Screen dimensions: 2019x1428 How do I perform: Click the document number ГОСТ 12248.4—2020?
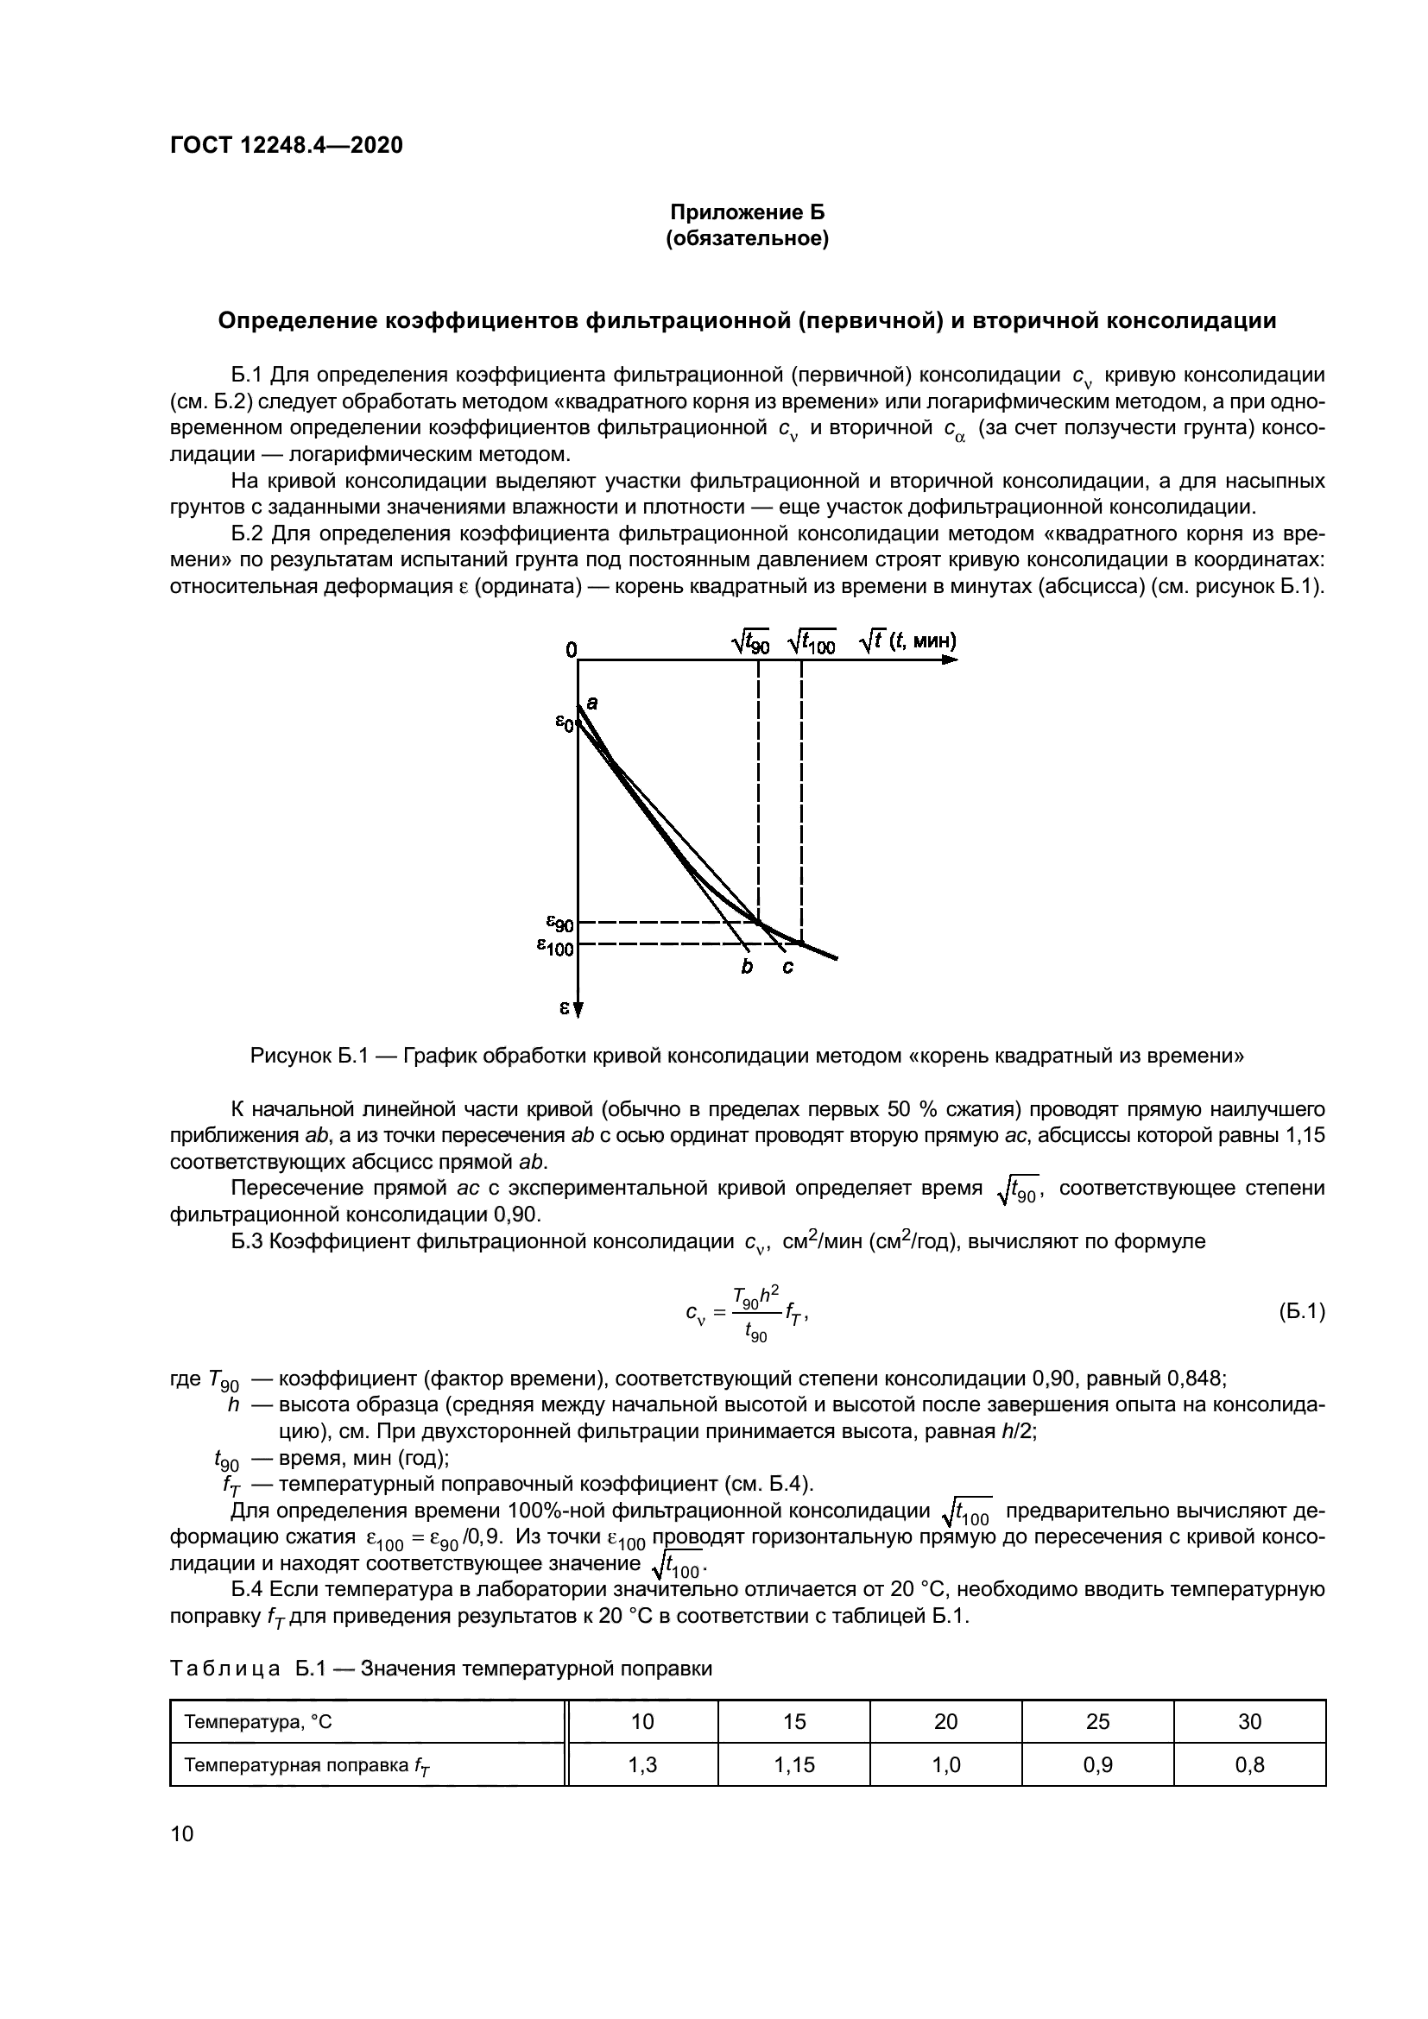[286, 145]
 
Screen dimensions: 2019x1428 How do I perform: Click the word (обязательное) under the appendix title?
[748, 238]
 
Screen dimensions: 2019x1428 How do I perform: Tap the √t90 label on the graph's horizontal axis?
[751, 644]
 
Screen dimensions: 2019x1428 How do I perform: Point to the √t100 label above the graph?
[812, 644]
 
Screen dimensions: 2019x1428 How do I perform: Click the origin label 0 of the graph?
[572, 650]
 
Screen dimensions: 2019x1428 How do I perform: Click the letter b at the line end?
[747, 968]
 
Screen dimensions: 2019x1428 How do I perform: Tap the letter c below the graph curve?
[787, 968]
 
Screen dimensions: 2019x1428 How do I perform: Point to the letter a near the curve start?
[591, 702]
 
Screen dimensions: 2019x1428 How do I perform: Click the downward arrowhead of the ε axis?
[578, 1010]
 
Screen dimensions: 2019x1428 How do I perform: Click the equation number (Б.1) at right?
[1300, 1311]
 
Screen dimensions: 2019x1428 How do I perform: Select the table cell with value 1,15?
[794, 1764]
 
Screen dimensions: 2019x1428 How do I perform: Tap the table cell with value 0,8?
[1249, 1764]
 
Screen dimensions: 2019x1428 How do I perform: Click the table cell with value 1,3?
[643, 1764]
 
